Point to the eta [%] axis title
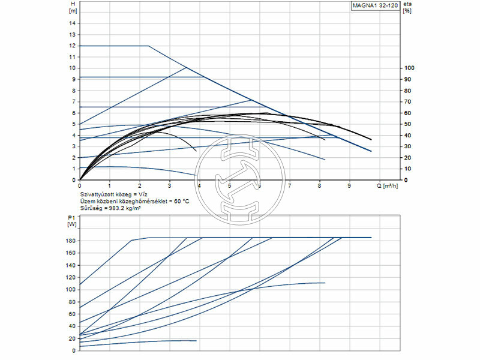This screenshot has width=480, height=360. (x=407, y=7)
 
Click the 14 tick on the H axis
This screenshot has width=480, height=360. (x=73, y=23)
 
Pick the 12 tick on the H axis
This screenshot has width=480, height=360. (x=73, y=46)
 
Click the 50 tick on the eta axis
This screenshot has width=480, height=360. (x=408, y=124)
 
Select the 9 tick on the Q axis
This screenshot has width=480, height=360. (x=349, y=186)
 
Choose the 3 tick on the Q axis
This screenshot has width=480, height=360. (x=170, y=186)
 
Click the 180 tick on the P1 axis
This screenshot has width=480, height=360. (x=71, y=241)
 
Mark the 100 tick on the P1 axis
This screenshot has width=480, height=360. (x=71, y=290)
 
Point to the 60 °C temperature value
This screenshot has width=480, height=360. (x=179, y=202)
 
